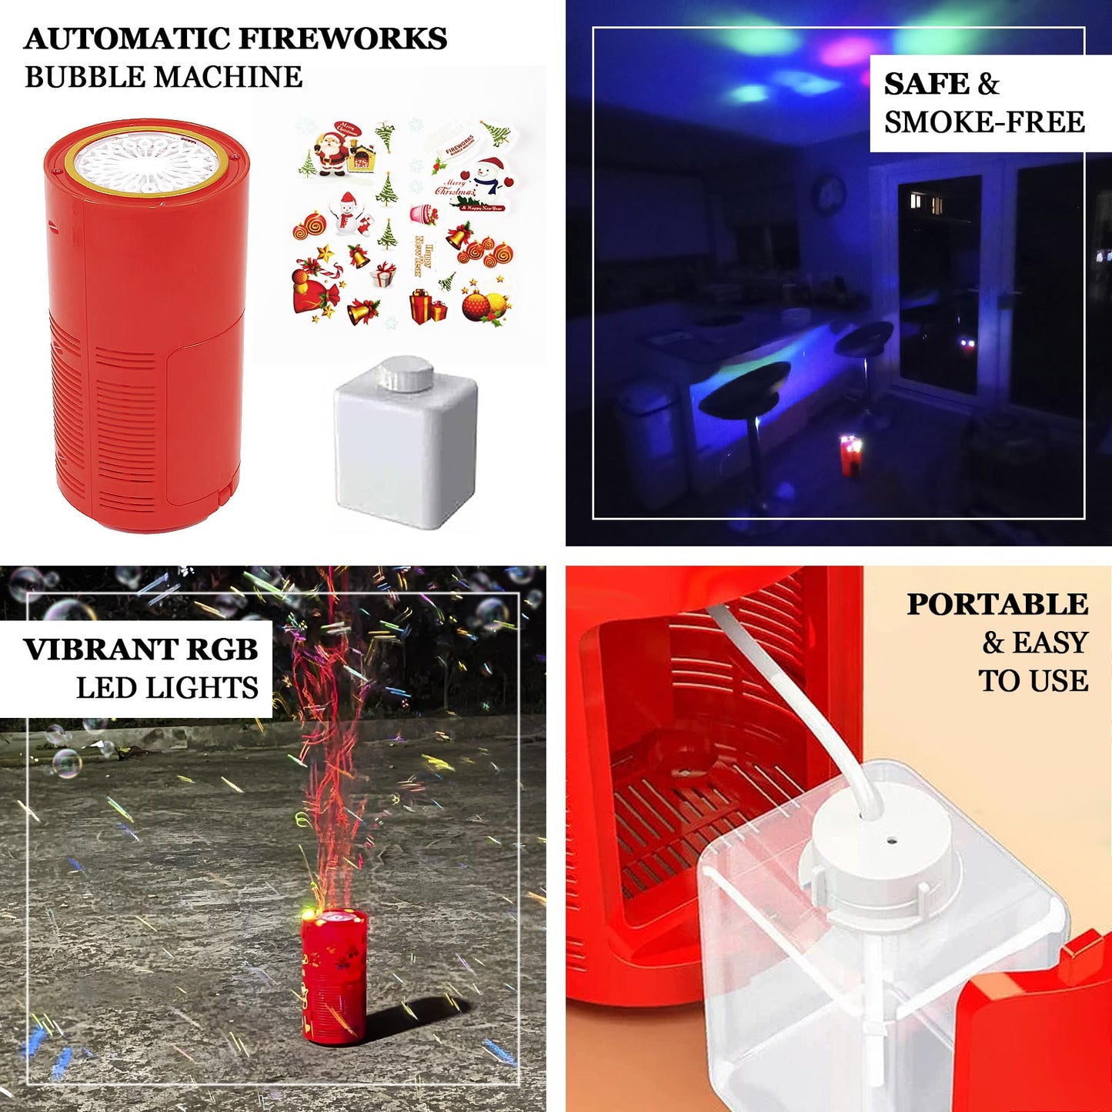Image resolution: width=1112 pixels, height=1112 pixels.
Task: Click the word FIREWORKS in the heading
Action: tap(342, 38)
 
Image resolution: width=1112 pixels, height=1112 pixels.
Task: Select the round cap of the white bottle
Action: tap(406, 375)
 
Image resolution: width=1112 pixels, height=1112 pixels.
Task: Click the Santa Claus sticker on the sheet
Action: tap(332, 152)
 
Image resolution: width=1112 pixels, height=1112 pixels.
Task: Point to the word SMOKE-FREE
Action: tap(984, 122)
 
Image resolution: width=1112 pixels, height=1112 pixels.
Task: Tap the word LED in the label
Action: tap(105, 688)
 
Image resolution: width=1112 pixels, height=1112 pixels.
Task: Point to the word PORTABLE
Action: tap(997, 605)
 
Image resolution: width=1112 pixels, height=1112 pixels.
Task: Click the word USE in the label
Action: tap(1060, 682)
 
